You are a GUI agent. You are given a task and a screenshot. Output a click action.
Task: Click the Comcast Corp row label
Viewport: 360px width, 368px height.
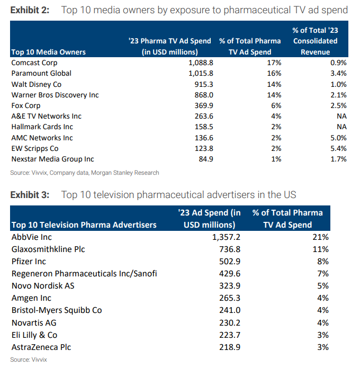point(34,62)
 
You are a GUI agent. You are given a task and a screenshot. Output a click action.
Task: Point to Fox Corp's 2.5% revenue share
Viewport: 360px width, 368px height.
point(337,105)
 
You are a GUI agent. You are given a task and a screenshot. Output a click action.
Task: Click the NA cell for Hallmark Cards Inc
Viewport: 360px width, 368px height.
point(341,127)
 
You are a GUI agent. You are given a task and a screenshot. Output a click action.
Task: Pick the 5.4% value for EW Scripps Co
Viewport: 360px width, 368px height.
point(337,149)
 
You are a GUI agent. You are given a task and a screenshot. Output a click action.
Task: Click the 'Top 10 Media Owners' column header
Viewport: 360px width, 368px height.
point(48,52)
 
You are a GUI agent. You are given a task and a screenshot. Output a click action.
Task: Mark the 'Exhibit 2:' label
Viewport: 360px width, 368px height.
point(30,10)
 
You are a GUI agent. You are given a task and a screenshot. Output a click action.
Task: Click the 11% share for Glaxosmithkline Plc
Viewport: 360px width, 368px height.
point(321,249)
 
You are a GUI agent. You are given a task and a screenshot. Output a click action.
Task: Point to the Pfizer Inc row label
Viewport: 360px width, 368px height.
point(29,262)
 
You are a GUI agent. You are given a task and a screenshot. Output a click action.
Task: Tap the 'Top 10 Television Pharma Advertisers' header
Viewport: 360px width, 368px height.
point(84,225)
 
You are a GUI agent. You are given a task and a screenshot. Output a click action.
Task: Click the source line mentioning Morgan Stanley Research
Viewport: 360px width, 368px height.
point(85,173)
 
